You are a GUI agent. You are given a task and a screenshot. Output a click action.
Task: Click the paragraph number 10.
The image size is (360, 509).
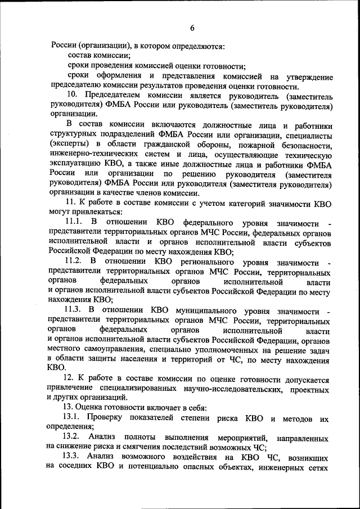[x=73, y=95]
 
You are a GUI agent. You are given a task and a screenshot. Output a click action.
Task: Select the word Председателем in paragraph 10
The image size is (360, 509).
[x=112, y=95]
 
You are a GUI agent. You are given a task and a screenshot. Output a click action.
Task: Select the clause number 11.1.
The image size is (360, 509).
[x=74, y=223]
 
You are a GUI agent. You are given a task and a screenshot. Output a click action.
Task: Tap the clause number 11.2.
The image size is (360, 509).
[x=74, y=262]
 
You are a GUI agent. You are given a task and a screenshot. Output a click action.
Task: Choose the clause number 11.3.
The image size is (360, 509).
[x=74, y=310]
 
